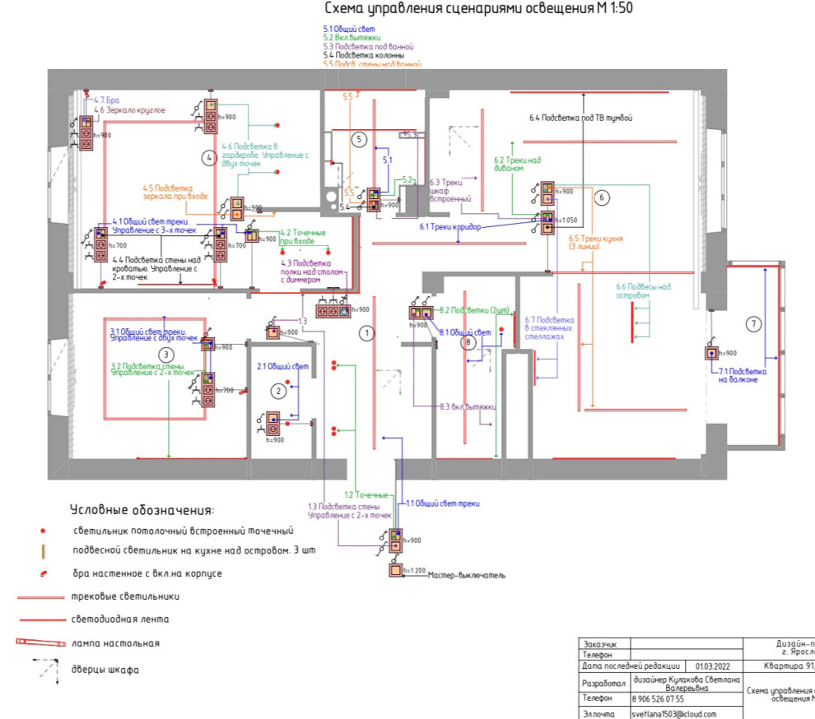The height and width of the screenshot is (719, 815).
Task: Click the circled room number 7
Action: (752, 324)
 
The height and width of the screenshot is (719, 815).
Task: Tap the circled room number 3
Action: (167, 355)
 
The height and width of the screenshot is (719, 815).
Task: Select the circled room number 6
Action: (601, 197)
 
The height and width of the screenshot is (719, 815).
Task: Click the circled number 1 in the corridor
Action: (367, 332)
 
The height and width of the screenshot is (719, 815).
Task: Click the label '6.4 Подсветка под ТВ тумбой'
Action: (581, 118)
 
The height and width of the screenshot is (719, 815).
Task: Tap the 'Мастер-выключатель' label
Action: (467, 575)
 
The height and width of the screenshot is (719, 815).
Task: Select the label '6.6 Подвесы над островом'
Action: (644, 291)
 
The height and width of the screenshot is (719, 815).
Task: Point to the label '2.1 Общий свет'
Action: (282, 366)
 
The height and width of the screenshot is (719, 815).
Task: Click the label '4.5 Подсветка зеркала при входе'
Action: (175, 192)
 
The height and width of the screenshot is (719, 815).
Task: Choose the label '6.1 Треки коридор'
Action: (450, 226)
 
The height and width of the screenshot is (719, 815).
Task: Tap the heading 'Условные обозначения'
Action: (142, 510)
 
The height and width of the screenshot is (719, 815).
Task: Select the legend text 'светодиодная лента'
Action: (122, 619)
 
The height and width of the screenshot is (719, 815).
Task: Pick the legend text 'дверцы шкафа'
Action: (105, 670)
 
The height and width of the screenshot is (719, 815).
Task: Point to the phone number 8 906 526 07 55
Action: (658, 698)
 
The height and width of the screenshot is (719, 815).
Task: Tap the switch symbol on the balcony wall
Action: (710, 354)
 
